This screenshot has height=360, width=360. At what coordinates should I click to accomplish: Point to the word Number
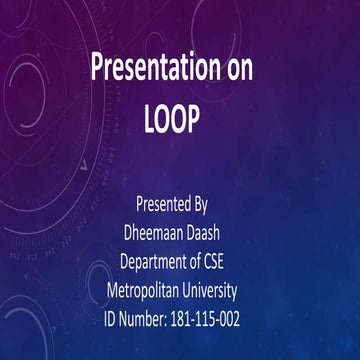pyautogui.click(x=154, y=319)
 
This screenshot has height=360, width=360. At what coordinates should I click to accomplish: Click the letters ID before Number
pyautogui.click(x=113, y=319)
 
